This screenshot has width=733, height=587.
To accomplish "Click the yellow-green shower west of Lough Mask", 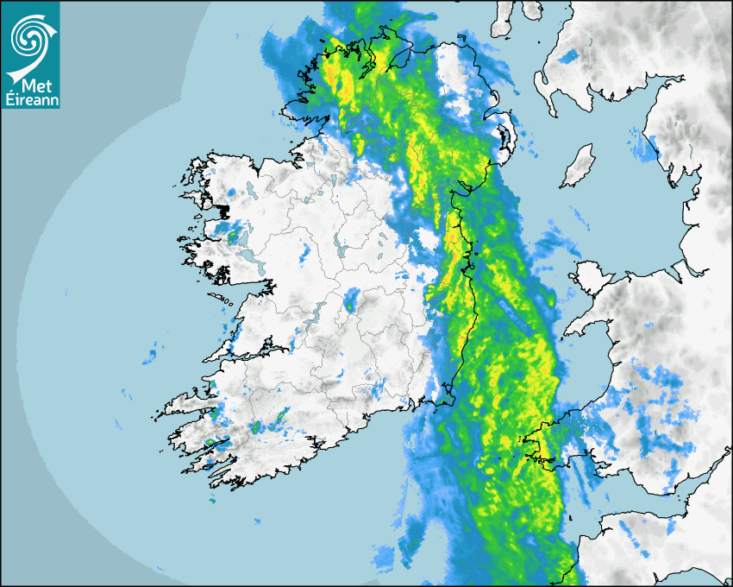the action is click(x=231, y=230).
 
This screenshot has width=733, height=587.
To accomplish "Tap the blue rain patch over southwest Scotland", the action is click(x=568, y=57).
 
